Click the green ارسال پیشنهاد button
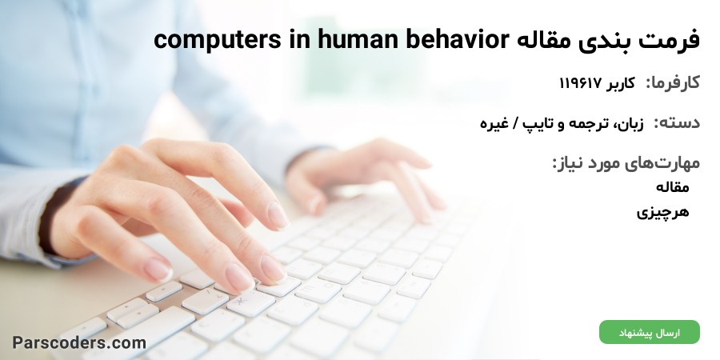tap(650, 333)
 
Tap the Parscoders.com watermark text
tap(79, 342)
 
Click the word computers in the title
tap(217, 40)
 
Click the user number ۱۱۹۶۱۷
tap(580, 83)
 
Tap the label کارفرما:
tap(673, 82)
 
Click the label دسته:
tap(677, 122)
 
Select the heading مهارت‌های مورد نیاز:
tap(626, 162)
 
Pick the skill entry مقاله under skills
tap(673, 186)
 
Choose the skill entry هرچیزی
tap(662, 212)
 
